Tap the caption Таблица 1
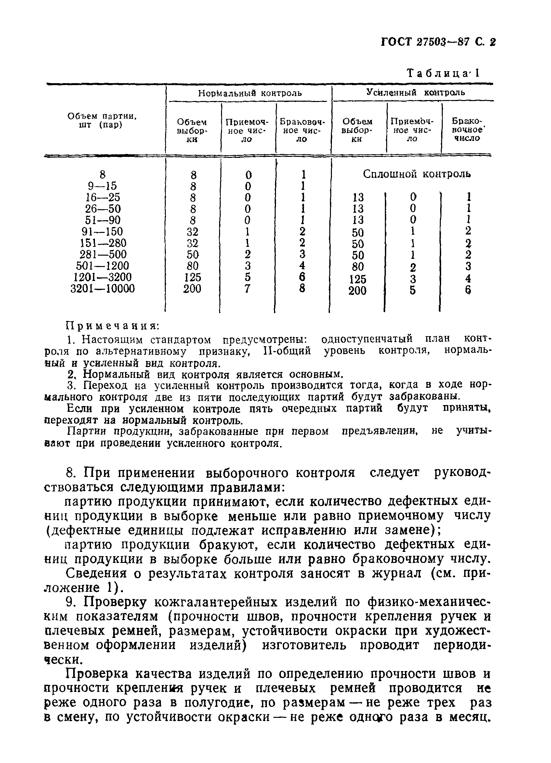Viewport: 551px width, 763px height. [443, 73]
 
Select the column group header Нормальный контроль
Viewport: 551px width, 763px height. [250, 93]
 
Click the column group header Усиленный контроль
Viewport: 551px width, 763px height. [415, 92]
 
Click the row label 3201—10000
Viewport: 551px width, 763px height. [103, 289]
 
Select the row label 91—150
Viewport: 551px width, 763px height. [102, 232]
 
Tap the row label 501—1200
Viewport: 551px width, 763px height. [103, 266]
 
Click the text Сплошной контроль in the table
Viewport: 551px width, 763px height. [417, 174]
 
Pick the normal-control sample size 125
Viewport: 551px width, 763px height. [192, 277]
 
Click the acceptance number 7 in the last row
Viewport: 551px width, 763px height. [247, 289]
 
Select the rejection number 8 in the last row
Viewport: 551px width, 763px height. [302, 288]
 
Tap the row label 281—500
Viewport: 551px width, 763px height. [103, 254]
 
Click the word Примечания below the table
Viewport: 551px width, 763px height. [112, 326]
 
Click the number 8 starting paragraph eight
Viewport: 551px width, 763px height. [70, 473]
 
